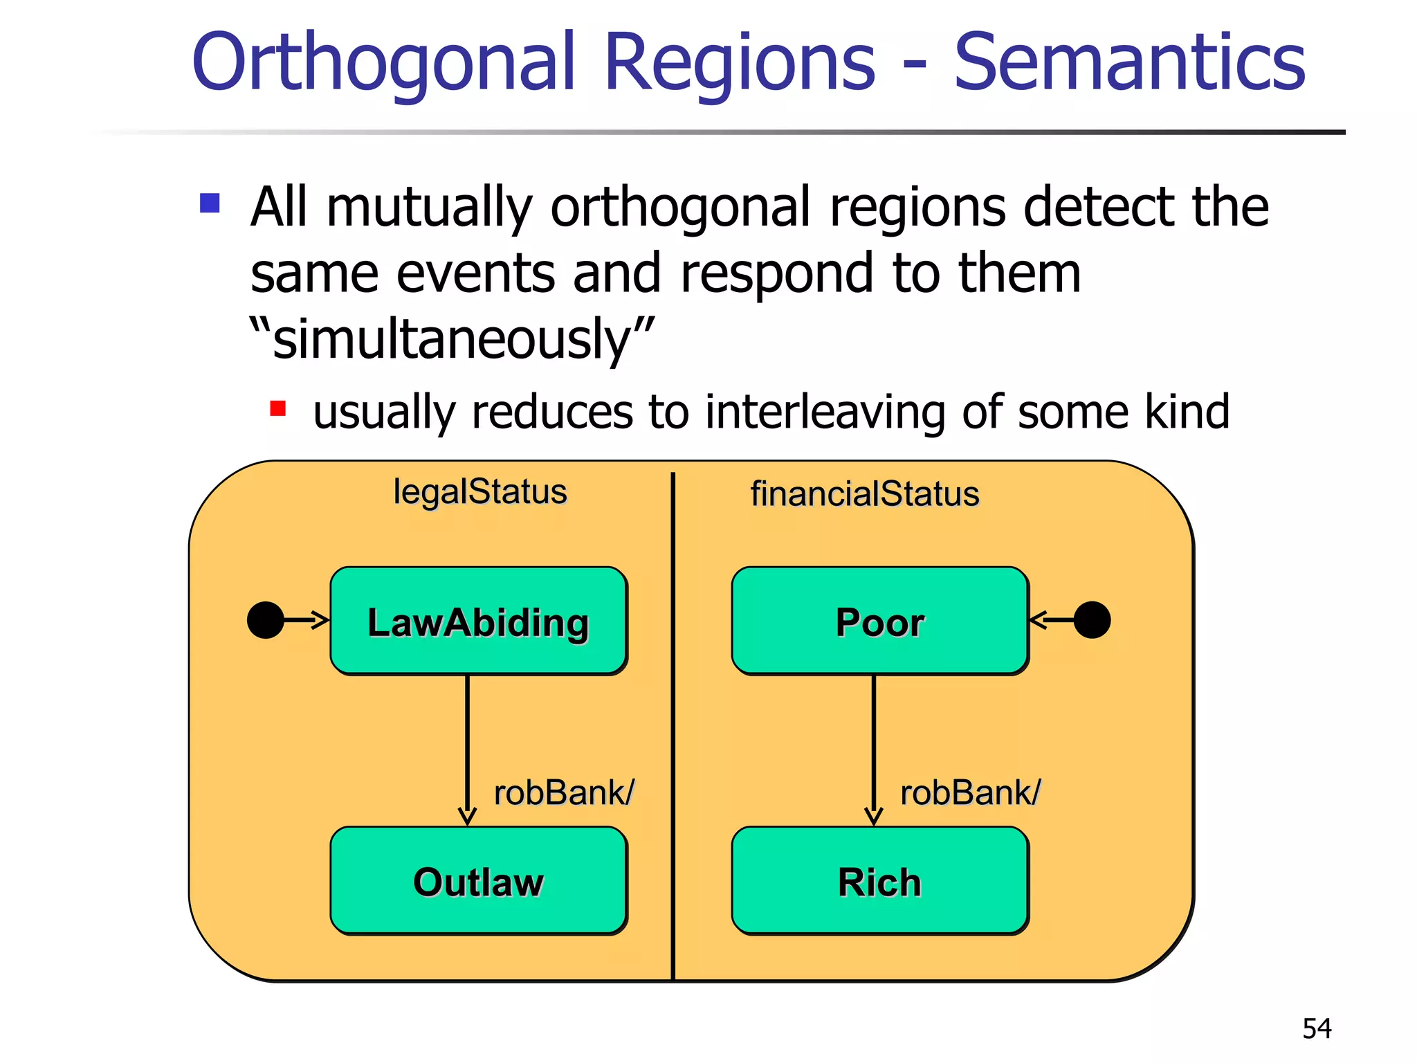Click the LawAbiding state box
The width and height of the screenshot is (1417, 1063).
(478, 621)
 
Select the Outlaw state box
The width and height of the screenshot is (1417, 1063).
(478, 880)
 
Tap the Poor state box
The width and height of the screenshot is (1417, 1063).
(879, 621)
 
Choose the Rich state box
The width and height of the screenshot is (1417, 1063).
(879, 880)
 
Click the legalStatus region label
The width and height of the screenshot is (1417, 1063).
(480, 492)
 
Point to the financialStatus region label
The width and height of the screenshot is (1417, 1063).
(865, 494)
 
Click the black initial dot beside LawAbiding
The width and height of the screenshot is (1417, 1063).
(266, 620)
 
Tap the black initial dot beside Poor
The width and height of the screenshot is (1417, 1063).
(1093, 620)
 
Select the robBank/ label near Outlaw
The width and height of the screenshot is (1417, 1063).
(564, 792)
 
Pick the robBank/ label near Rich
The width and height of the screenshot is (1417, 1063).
(970, 792)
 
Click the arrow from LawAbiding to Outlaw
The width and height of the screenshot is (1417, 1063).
(468, 747)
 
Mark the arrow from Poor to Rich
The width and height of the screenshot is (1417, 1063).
(874, 747)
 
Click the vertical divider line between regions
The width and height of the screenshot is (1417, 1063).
(673, 727)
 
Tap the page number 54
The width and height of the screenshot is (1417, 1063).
(1317, 1028)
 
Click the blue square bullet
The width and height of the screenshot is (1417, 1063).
(210, 203)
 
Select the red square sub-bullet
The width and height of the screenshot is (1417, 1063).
(278, 408)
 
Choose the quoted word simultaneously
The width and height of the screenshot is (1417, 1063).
(451, 339)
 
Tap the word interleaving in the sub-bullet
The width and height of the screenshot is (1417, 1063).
(825, 412)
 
